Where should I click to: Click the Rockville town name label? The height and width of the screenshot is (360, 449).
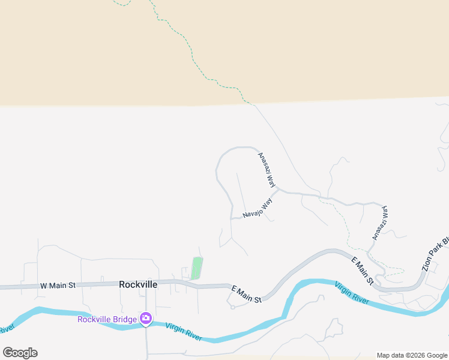pyautogui.click(x=138, y=285)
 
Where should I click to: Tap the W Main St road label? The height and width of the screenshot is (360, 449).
pyautogui.click(x=58, y=286)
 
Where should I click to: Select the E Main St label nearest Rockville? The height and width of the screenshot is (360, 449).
pyautogui.click(x=247, y=295)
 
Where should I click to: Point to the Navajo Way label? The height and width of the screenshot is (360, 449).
pyautogui.click(x=258, y=208)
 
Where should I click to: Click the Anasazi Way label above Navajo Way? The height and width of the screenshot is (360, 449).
pyautogui.click(x=267, y=170)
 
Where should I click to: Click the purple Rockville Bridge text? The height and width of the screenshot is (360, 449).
pyautogui.click(x=106, y=319)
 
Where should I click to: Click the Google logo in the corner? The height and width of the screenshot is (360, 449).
pyautogui.click(x=20, y=353)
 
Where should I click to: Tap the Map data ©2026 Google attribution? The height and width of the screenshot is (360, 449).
pyautogui.click(x=412, y=355)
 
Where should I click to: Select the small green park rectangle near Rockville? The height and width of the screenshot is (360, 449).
pyautogui.click(x=196, y=268)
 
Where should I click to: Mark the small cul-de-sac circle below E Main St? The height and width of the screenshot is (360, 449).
pyautogui.click(x=232, y=307)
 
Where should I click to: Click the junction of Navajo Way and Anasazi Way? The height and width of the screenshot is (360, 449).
pyautogui.click(x=278, y=191)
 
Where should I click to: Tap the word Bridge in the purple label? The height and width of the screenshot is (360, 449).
pyautogui.click(x=125, y=319)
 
